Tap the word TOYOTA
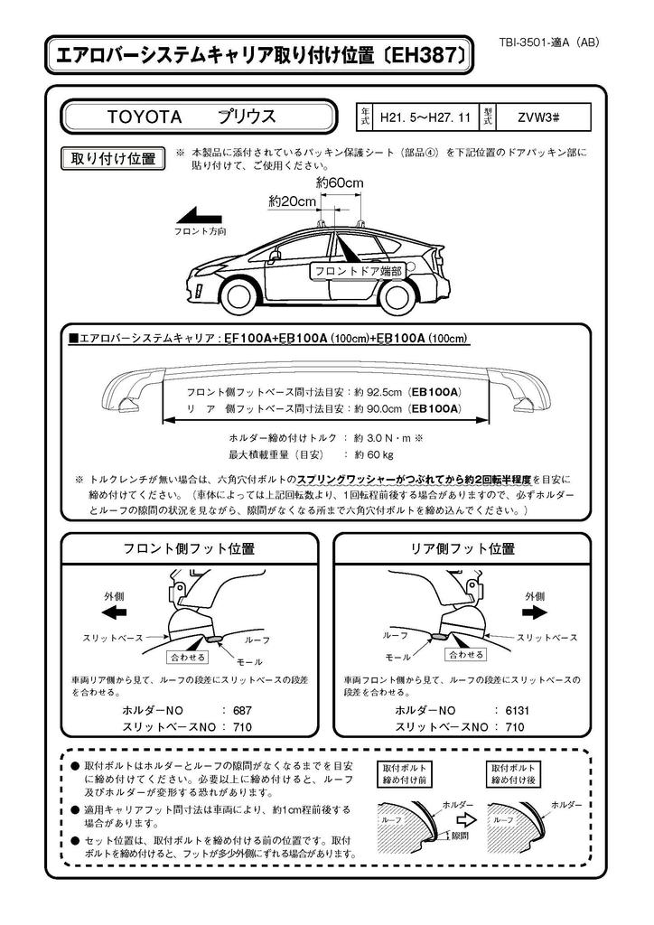(x=145, y=117)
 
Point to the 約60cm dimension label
(x=340, y=182)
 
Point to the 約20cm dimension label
(x=292, y=201)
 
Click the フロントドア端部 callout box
(x=358, y=270)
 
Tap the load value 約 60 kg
(x=374, y=454)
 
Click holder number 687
(x=242, y=711)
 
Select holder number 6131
(x=518, y=711)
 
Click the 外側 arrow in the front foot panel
(x=115, y=612)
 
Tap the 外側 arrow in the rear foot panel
(x=535, y=612)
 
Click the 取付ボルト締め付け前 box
(x=404, y=774)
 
